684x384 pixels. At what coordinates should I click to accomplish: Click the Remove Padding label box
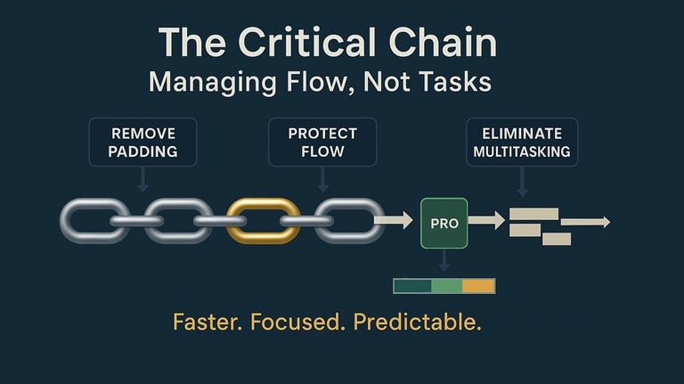(x=142, y=143)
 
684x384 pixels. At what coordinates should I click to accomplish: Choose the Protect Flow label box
(x=322, y=143)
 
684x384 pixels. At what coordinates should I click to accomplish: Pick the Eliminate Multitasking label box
(x=522, y=143)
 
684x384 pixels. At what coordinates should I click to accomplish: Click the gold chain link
(x=264, y=221)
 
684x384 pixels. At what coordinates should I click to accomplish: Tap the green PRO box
(x=444, y=223)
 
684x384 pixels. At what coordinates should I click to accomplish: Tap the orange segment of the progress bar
(x=478, y=286)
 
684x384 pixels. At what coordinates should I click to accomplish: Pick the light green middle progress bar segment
(x=447, y=286)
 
